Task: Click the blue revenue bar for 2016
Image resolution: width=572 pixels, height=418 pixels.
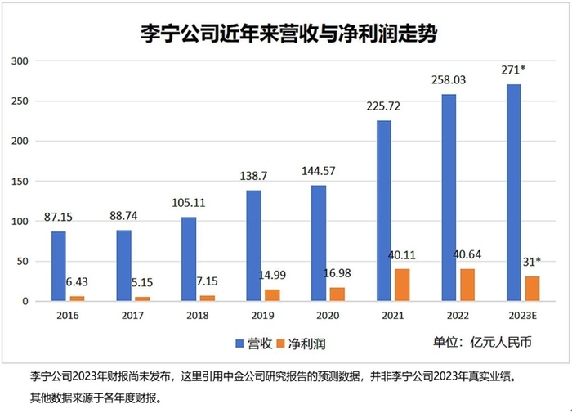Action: [58, 267]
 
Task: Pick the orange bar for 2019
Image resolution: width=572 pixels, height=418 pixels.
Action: [273, 295]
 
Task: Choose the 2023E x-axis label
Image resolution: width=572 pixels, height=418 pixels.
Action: [524, 315]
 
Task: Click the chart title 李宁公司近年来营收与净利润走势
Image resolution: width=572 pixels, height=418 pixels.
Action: [286, 34]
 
